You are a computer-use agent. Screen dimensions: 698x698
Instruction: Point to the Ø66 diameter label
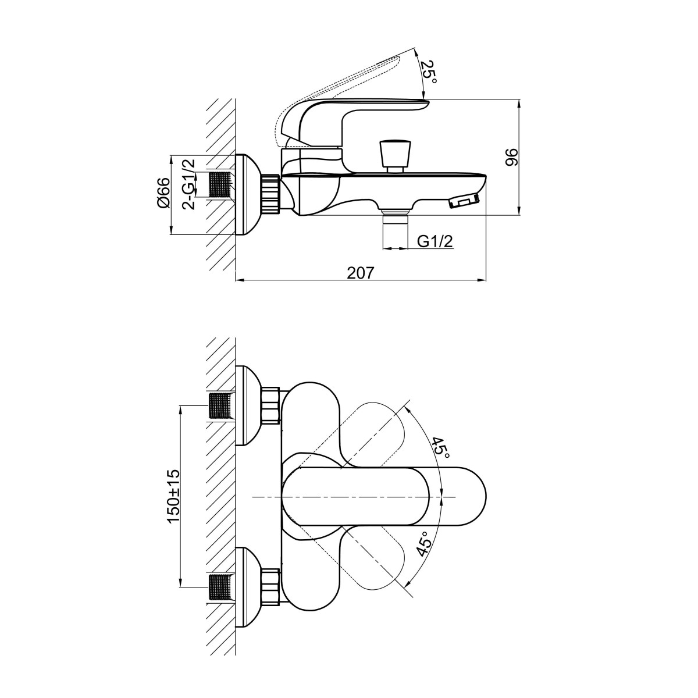pos(163,193)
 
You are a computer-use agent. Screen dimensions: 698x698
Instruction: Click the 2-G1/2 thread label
pos(188,184)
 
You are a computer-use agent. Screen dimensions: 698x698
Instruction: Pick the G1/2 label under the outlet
pos(435,241)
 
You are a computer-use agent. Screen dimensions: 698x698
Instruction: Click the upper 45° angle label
pos(441,447)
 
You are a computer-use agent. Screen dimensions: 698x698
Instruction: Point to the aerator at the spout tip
pos(464,201)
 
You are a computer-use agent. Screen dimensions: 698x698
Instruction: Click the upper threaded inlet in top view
pos(220,405)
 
